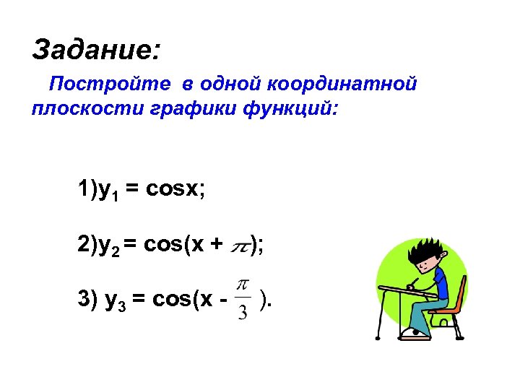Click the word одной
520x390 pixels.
(231, 84)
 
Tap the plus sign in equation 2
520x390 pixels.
(216, 246)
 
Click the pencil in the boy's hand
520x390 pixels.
(414, 280)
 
